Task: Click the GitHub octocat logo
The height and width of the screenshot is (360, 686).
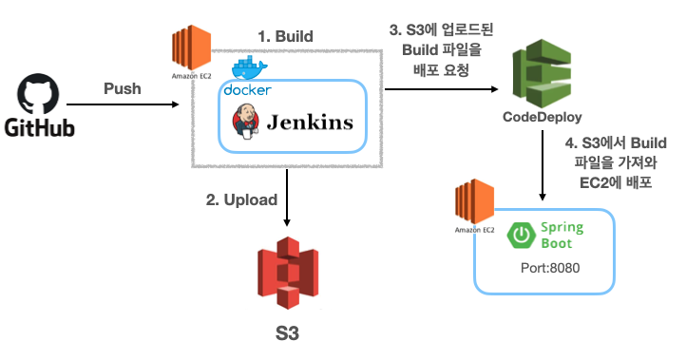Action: point(39,96)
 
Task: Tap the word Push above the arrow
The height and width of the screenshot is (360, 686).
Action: point(122,88)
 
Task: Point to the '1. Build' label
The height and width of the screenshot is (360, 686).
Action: point(286,36)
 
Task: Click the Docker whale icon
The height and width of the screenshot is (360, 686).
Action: point(251,68)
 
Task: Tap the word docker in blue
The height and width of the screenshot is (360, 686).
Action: point(246,90)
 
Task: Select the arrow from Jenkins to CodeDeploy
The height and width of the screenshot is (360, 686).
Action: point(442,90)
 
